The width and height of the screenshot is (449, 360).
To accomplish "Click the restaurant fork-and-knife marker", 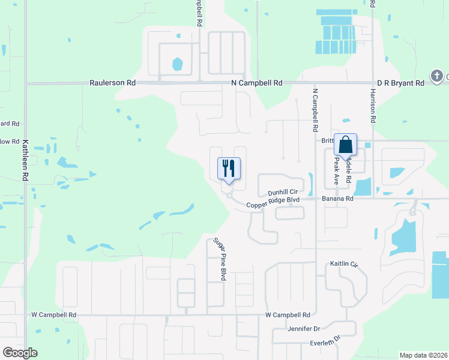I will [228, 168].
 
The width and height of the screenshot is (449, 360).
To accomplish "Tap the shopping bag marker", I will [345, 145].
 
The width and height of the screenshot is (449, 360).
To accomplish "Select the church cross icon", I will [436, 76].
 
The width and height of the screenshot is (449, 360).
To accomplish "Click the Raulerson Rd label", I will [113, 83].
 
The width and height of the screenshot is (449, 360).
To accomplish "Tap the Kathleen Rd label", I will [25, 161].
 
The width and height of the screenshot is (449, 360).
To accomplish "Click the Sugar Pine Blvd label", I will [220, 259].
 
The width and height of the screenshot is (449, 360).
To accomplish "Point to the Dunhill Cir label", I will [283, 192].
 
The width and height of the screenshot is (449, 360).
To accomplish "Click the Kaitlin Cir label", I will [344, 264].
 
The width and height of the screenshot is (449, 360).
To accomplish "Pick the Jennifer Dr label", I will [304, 329].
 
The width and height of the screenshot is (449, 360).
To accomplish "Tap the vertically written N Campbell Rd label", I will [315, 110].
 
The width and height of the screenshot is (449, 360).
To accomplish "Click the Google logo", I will [20, 353].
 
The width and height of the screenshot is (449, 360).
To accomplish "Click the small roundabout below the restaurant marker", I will [229, 194].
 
